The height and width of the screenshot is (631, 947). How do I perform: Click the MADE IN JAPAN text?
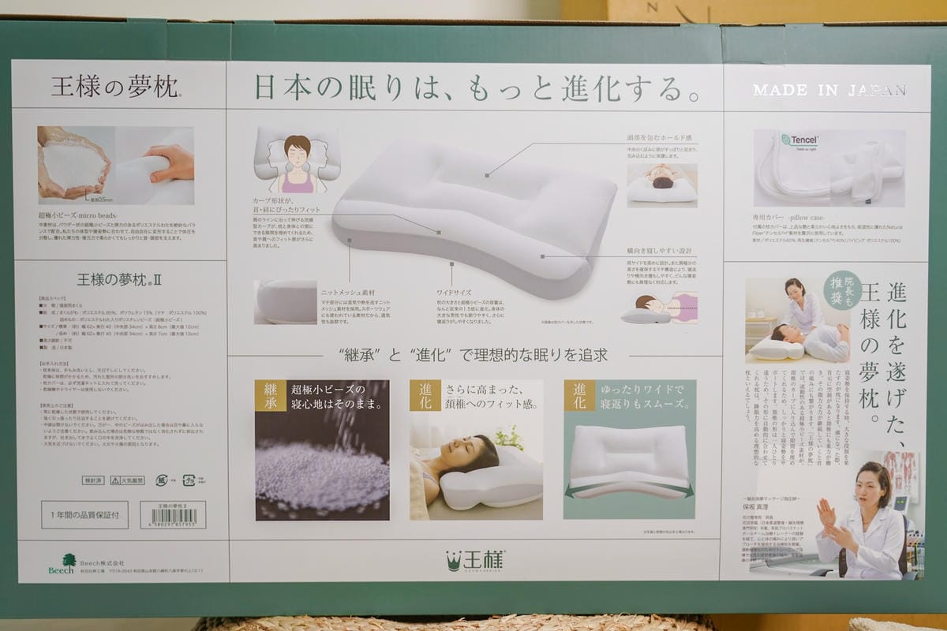tap(829, 91)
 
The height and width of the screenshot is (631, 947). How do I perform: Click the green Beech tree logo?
tap(61, 562)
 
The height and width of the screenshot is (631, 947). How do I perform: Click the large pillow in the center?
tap(473, 213)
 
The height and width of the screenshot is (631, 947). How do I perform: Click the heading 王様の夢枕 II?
tap(119, 279)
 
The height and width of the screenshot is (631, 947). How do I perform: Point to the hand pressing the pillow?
tap(171, 162)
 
